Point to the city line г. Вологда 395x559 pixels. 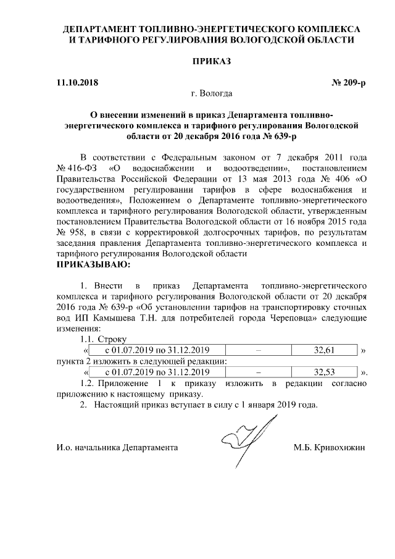point(212,95)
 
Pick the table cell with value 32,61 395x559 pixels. point(324,350)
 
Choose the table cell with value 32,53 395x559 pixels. point(324,372)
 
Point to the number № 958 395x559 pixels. point(70,232)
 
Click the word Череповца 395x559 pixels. point(299,317)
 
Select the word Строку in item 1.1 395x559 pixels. point(112,340)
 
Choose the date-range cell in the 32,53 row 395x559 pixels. point(157,372)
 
